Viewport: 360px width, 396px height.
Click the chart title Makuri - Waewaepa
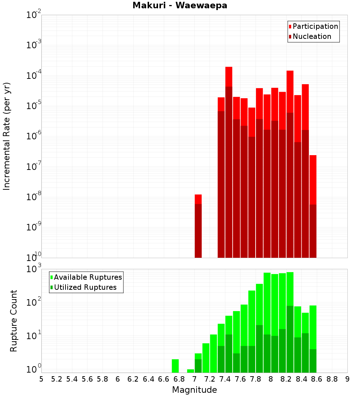[x=180, y=6]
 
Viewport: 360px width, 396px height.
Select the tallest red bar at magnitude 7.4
[x=229, y=162]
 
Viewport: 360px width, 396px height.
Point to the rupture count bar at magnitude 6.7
[x=175, y=366]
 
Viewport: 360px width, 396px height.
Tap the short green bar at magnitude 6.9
[x=190, y=371]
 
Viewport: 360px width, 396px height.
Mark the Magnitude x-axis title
[x=194, y=390]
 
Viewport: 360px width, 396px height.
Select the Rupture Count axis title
[x=14, y=320]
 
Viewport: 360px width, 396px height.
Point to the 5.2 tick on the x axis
[x=57, y=379]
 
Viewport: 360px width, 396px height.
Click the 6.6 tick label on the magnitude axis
[x=164, y=379]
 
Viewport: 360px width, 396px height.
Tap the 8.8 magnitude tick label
[x=332, y=379]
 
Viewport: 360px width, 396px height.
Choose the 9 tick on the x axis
[x=347, y=379]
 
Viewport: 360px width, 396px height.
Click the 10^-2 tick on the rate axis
[x=34, y=15]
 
